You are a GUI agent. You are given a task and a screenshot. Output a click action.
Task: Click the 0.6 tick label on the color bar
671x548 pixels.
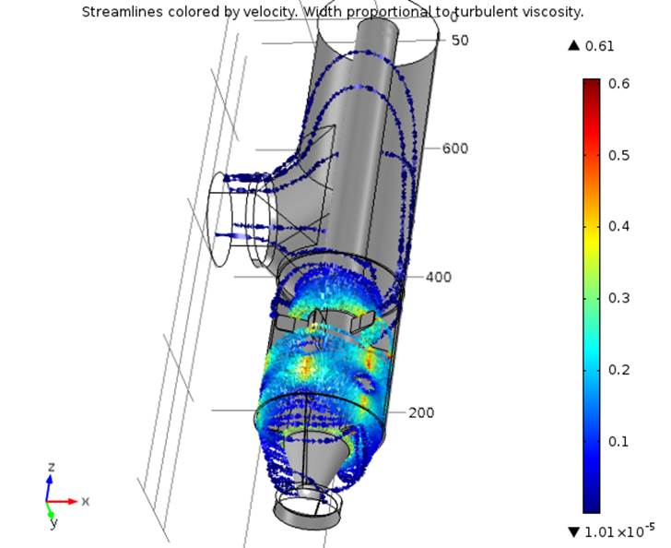click(618, 83)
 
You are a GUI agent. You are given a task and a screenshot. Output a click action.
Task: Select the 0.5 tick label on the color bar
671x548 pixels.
click(618, 155)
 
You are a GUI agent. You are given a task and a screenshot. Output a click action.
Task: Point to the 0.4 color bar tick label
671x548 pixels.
click(618, 226)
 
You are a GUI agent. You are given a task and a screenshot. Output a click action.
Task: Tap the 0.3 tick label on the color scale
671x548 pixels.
click(618, 298)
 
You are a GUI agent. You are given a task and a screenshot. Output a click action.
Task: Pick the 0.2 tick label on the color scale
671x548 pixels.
click(618, 370)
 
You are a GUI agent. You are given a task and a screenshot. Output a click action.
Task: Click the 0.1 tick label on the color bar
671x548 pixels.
click(618, 441)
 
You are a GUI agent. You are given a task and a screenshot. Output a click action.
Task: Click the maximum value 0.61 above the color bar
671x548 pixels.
click(599, 46)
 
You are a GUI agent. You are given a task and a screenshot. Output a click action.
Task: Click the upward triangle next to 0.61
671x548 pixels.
click(574, 45)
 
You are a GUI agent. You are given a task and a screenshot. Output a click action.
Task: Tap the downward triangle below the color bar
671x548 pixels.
click(574, 532)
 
